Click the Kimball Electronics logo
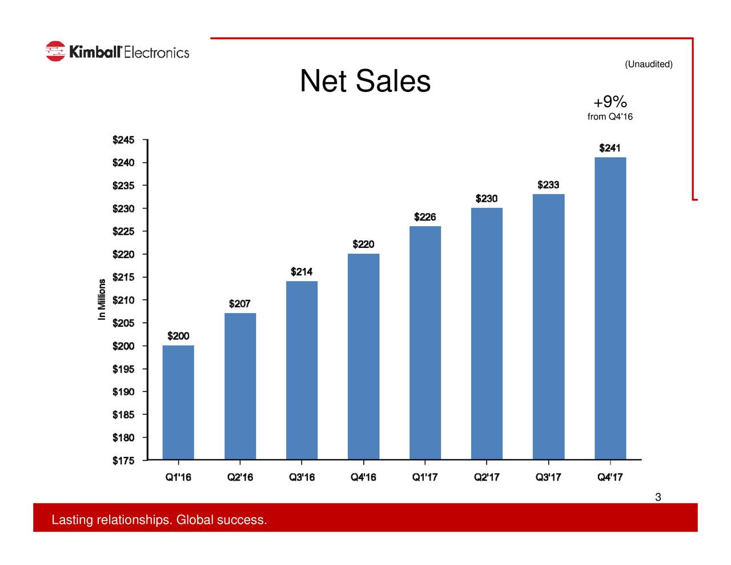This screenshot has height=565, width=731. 117,51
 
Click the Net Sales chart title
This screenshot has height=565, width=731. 365,81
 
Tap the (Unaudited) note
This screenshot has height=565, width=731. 648,64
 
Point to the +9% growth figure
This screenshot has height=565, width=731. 610,102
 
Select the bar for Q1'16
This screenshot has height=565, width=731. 178,402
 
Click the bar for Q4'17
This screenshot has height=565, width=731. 610,308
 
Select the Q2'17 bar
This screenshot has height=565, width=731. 487,334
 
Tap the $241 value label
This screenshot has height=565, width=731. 610,149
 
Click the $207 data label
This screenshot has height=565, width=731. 240,304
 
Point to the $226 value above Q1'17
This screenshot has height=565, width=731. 425,217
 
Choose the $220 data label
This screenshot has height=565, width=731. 363,245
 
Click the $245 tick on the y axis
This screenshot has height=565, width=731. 123,140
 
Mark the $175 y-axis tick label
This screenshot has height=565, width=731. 123,461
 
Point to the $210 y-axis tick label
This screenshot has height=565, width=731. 123,300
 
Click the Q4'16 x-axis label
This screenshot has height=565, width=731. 363,477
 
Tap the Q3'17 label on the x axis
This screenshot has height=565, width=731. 548,477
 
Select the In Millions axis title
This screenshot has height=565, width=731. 102,299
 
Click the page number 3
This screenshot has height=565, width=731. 658,497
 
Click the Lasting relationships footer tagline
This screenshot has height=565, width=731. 159,520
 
